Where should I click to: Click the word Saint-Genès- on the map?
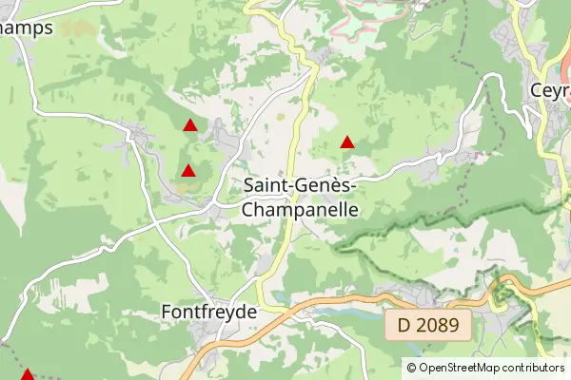[x=301, y=186]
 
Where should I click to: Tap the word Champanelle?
[x=301, y=208]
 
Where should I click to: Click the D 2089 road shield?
[x=428, y=326]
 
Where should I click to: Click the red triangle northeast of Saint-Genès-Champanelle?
[x=347, y=142]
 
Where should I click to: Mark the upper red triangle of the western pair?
[x=190, y=124]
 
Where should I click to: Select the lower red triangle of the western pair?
[x=188, y=171]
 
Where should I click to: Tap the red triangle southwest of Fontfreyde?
[x=27, y=374]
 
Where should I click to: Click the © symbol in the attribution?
[x=411, y=367]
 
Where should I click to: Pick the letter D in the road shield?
[x=404, y=326]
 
